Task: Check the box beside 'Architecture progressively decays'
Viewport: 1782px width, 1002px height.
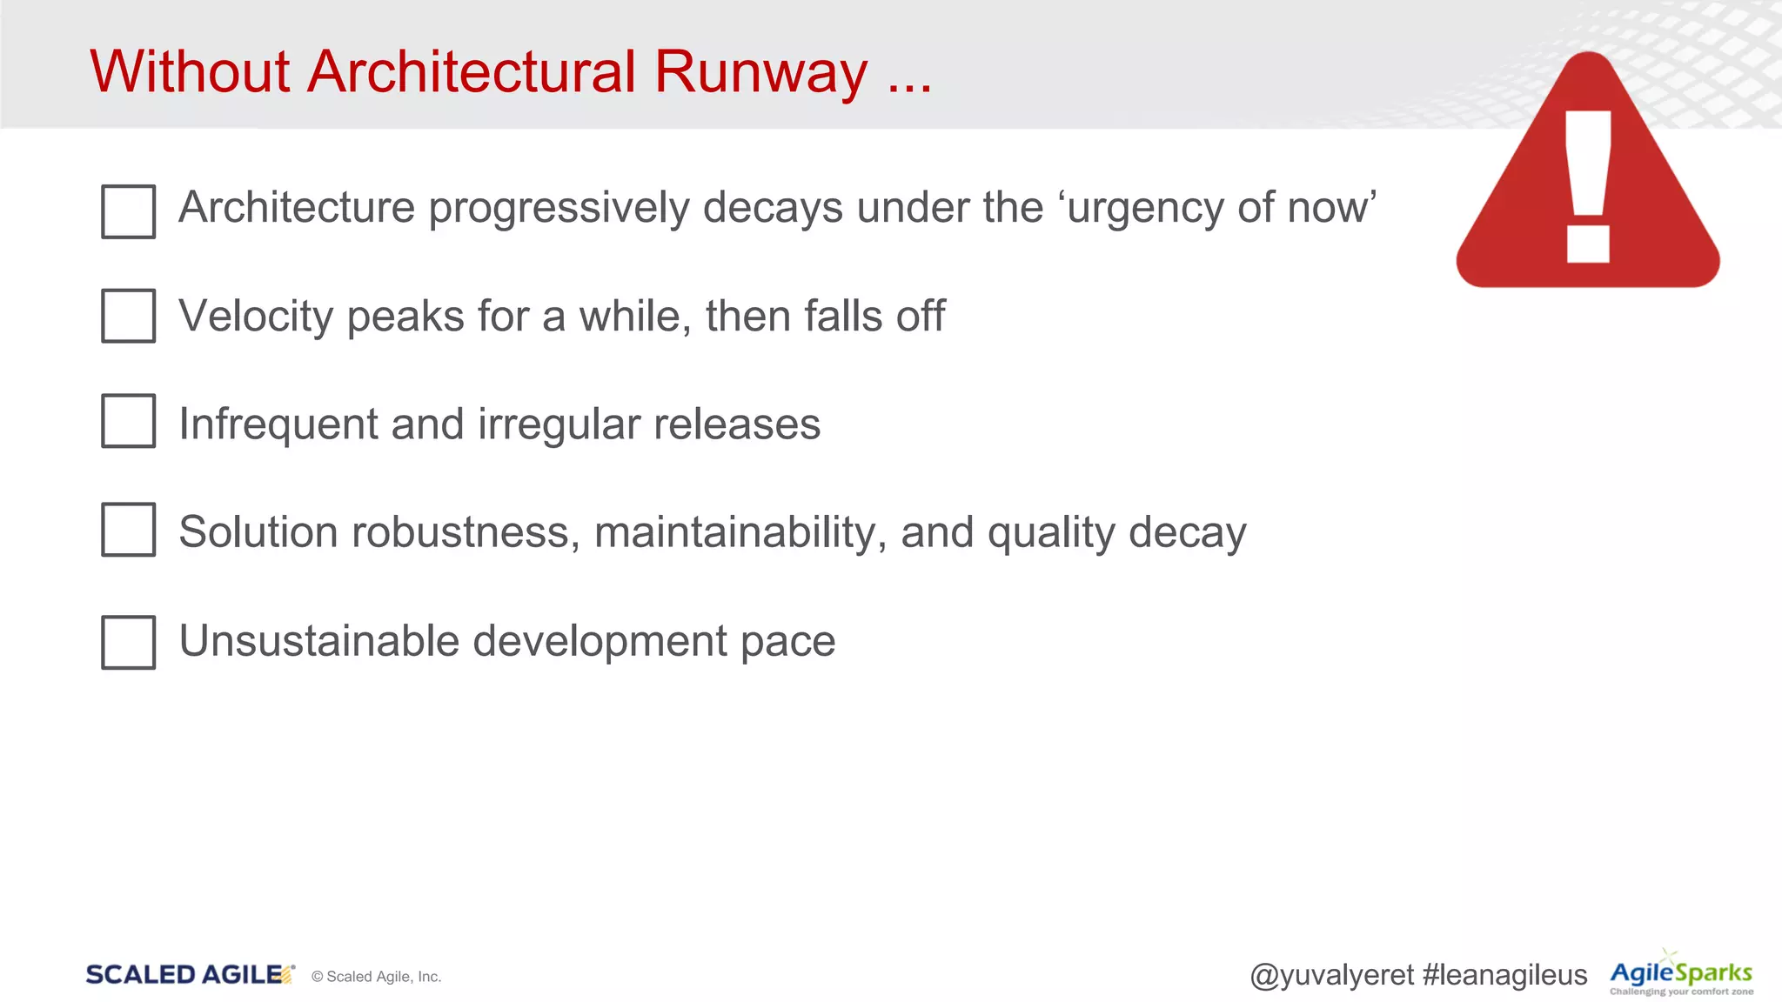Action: pyautogui.click(x=128, y=211)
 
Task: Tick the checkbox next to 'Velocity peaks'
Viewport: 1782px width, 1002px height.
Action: pyautogui.click(x=128, y=316)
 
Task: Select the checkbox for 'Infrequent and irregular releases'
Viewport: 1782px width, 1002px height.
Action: pyautogui.click(x=128, y=421)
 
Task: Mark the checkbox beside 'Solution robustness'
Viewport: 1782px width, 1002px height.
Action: pyautogui.click(x=128, y=529)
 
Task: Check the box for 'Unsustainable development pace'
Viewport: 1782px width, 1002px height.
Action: pyautogui.click(x=128, y=642)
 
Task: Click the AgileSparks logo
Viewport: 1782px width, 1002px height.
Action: pyautogui.click(x=1680, y=974)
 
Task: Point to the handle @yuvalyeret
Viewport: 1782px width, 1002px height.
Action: pyautogui.click(x=1331, y=975)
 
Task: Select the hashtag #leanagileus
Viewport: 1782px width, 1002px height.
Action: pyautogui.click(x=1504, y=975)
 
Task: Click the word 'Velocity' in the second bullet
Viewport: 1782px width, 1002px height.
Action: pyautogui.click(x=256, y=316)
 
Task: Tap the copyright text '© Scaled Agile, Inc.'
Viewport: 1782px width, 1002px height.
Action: pyautogui.click(x=376, y=977)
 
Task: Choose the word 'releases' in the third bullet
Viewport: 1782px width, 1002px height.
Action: pyautogui.click(x=736, y=424)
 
